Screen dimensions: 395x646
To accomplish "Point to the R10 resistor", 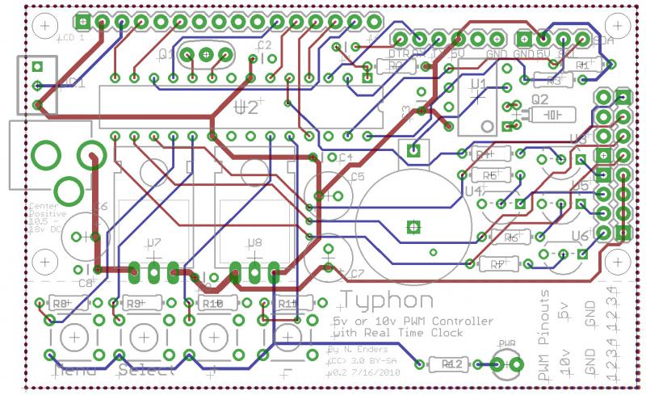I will (x=212, y=304).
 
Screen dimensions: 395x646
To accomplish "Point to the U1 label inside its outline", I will (x=477, y=84).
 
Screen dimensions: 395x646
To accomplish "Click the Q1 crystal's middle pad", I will (x=206, y=55).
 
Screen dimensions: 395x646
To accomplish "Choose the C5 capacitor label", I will (x=357, y=175).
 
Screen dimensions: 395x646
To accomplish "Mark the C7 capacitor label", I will (x=358, y=273).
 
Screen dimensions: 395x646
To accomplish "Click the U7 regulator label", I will (x=153, y=242).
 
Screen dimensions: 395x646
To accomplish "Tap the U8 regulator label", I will (x=254, y=242).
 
